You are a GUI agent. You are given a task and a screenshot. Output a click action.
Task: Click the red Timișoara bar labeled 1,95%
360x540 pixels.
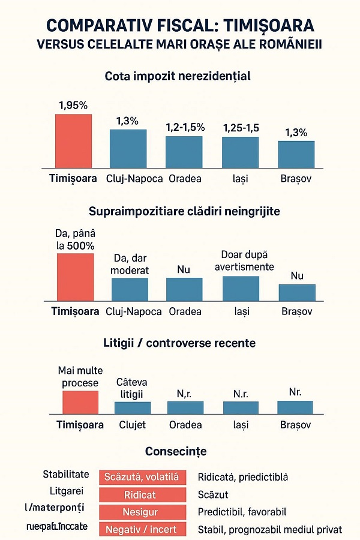(x=73, y=140)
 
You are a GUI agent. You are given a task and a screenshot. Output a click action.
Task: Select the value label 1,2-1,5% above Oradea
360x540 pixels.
(x=185, y=127)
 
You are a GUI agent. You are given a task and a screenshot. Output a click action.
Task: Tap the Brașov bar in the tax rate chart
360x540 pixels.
(x=296, y=154)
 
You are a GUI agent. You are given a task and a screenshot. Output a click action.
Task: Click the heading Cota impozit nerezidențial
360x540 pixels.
(x=177, y=77)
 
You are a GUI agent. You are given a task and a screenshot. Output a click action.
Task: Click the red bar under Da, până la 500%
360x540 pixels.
(x=76, y=277)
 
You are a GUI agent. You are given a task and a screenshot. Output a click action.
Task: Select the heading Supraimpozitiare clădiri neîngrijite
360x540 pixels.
(x=184, y=211)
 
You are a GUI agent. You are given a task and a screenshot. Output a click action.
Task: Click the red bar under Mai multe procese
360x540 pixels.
(x=80, y=403)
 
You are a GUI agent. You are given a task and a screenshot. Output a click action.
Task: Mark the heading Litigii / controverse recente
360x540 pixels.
(x=179, y=343)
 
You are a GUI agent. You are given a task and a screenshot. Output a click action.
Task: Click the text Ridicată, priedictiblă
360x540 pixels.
(x=242, y=478)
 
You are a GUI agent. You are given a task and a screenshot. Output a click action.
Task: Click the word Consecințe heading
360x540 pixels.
(x=176, y=451)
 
